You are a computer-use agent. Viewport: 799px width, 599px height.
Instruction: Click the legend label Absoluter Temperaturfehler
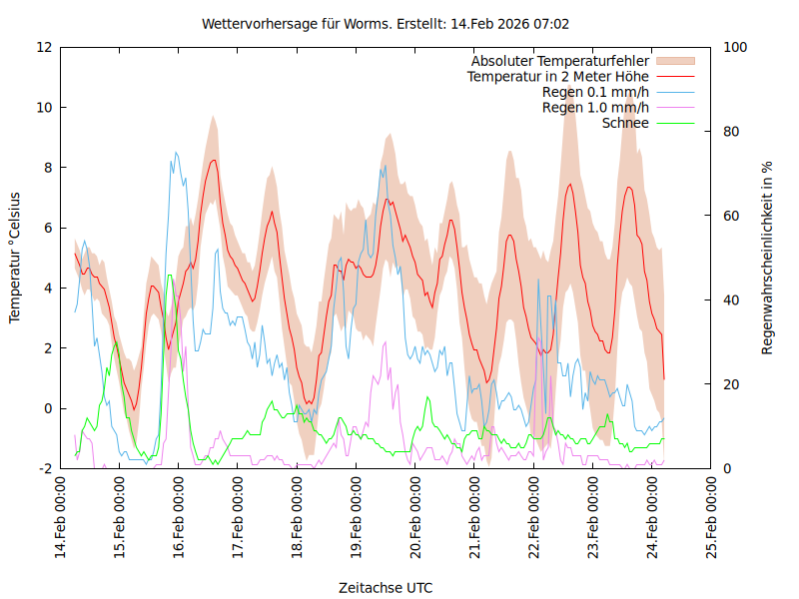pyautogui.click(x=559, y=61)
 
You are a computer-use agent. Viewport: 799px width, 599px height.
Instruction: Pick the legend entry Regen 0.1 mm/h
pyautogui.click(x=595, y=93)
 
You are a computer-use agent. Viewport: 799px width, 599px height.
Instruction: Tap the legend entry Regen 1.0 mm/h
pyautogui.click(x=595, y=108)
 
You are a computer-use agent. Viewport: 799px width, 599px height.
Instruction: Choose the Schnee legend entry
pyautogui.click(x=625, y=123)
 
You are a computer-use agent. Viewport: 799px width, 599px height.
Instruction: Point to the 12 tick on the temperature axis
pyautogui.click(x=44, y=48)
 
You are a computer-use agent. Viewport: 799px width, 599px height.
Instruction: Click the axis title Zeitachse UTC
pyautogui.click(x=386, y=587)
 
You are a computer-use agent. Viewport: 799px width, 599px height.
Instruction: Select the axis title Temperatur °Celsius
pyautogui.click(x=15, y=258)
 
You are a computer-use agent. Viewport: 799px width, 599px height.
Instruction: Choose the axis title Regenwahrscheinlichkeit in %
pyautogui.click(x=768, y=258)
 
